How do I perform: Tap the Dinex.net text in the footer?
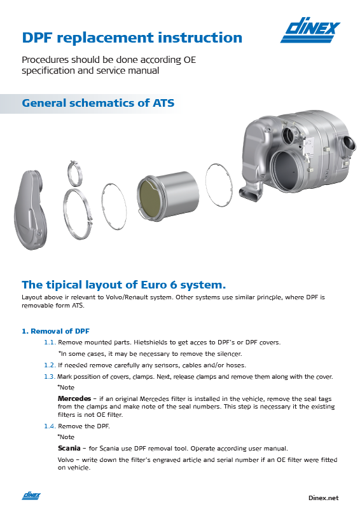[323, 498]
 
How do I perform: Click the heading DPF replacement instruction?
[132, 37]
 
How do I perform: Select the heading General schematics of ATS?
[98, 103]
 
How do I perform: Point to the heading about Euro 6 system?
[124, 283]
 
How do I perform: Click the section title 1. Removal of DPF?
[56, 331]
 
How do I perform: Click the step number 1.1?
[50, 342]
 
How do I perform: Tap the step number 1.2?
[50, 365]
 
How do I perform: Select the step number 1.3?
[50, 376]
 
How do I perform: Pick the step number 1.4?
[50, 426]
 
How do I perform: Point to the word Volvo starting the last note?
[66, 459]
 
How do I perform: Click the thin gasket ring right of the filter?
[220, 184]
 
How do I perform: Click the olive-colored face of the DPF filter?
[151, 193]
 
